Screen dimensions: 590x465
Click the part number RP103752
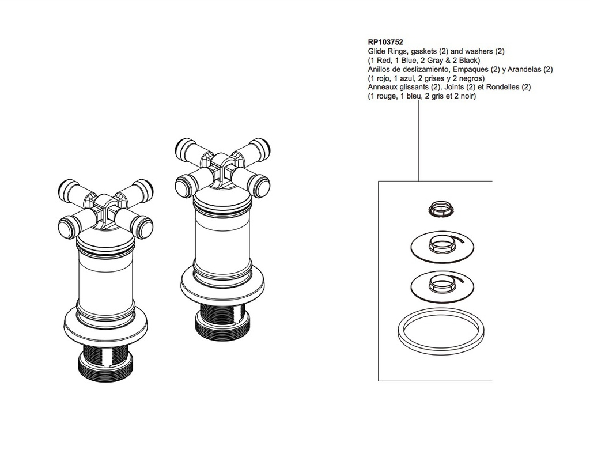tap(385, 43)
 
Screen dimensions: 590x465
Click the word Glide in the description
tap(376, 51)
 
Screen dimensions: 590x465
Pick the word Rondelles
tap(502, 87)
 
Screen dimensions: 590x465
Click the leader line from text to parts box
tap(419, 141)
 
